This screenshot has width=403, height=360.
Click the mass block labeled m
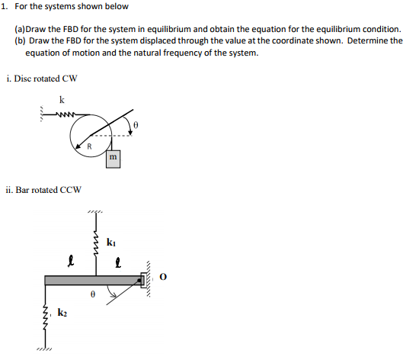click(112, 158)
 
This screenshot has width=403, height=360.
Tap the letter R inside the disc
click(89, 145)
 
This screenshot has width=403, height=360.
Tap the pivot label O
click(162, 278)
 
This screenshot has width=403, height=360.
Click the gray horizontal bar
click(91, 280)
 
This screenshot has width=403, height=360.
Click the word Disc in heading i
click(24, 79)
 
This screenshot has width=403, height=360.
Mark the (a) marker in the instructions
click(21, 27)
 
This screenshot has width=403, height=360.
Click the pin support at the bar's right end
click(145, 280)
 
